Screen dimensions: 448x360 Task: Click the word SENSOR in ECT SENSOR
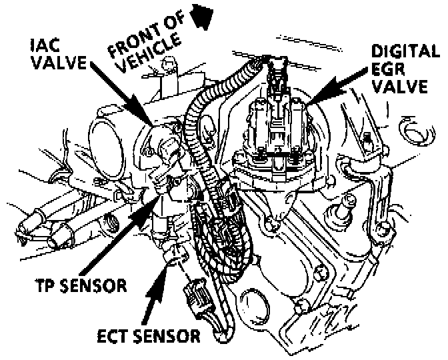[167, 335]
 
